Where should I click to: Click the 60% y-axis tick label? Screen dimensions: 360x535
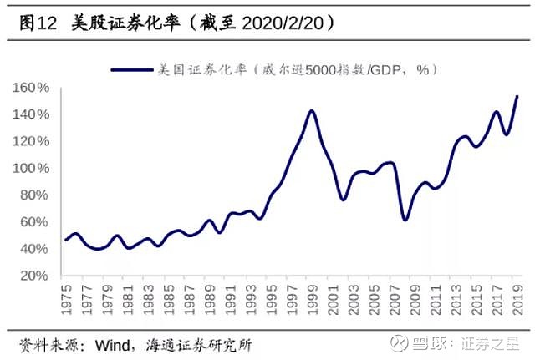point(35,221)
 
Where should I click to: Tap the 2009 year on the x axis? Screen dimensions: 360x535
point(415,300)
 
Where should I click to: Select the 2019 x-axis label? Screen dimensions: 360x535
point(517,300)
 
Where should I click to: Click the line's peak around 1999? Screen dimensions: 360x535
point(312,110)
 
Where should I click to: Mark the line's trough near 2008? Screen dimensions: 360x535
point(405,220)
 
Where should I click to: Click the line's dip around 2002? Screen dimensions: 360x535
point(344,200)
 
